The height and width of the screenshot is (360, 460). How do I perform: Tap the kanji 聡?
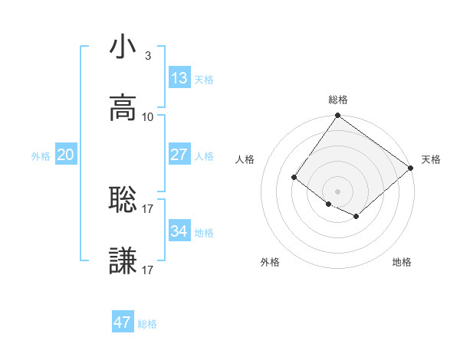(123, 200)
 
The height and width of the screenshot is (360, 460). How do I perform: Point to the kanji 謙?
(123, 261)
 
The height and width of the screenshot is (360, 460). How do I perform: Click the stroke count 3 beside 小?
(148, 56)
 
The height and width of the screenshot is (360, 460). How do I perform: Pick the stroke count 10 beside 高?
(148, 117)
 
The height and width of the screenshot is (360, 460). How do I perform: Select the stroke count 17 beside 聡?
(148, 208)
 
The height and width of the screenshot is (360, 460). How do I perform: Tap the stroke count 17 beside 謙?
(148, 270)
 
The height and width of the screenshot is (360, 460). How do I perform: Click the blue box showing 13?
(179, 78)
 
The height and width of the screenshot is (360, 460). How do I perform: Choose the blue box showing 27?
(179, 155)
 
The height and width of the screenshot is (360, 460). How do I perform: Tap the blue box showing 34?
(179, 231)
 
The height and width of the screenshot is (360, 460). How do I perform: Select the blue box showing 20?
(65, 155)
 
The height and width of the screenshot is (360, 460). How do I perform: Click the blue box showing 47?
(123, 322)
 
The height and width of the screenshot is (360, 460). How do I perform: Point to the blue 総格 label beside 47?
(147, 324)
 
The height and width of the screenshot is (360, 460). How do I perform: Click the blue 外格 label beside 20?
(41, 156)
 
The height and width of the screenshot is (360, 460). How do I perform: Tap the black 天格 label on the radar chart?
(431, 159)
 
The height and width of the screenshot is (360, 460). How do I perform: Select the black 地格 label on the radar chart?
(402, 262)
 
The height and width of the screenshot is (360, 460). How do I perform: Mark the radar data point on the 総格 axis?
(337, 116)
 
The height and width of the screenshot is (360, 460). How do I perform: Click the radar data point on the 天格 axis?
(411, 168)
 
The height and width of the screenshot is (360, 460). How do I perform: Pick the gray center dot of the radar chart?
(337, 191)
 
